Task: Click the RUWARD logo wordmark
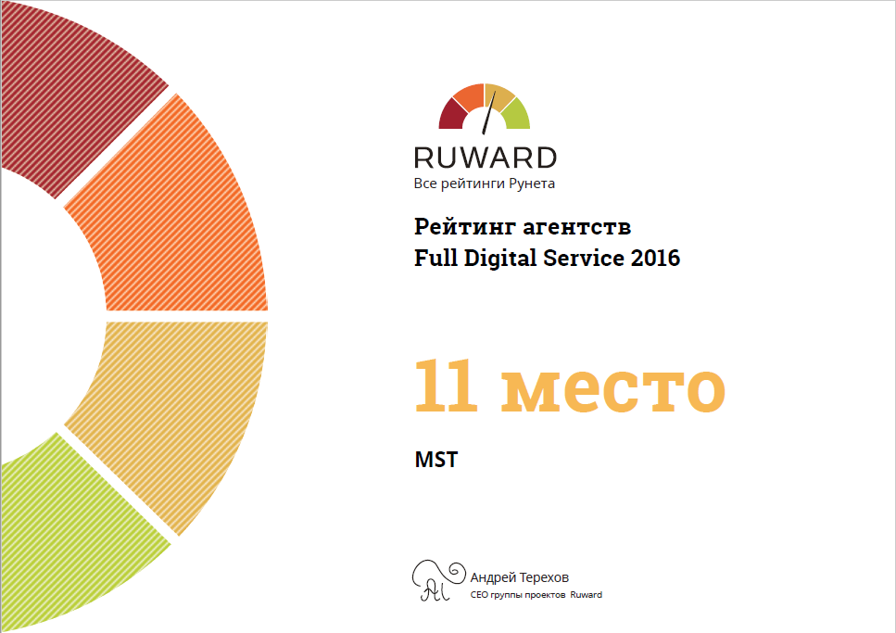(x=486, y=158)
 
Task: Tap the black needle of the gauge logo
(x=488, y=113)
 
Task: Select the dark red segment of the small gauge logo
(x=451, y=114)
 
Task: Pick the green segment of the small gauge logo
(x=517, y=114)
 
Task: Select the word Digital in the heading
(x=500, y=259)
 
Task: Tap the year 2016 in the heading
(x=655, y=259)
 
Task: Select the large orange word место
(x=613, y=391)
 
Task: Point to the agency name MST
(x=436, y=460)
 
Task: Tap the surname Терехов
(x=542, y=577)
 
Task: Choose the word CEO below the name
(x=479, y=595)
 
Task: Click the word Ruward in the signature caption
(x=587, y=595)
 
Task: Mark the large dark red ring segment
(x=74, y=92)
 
